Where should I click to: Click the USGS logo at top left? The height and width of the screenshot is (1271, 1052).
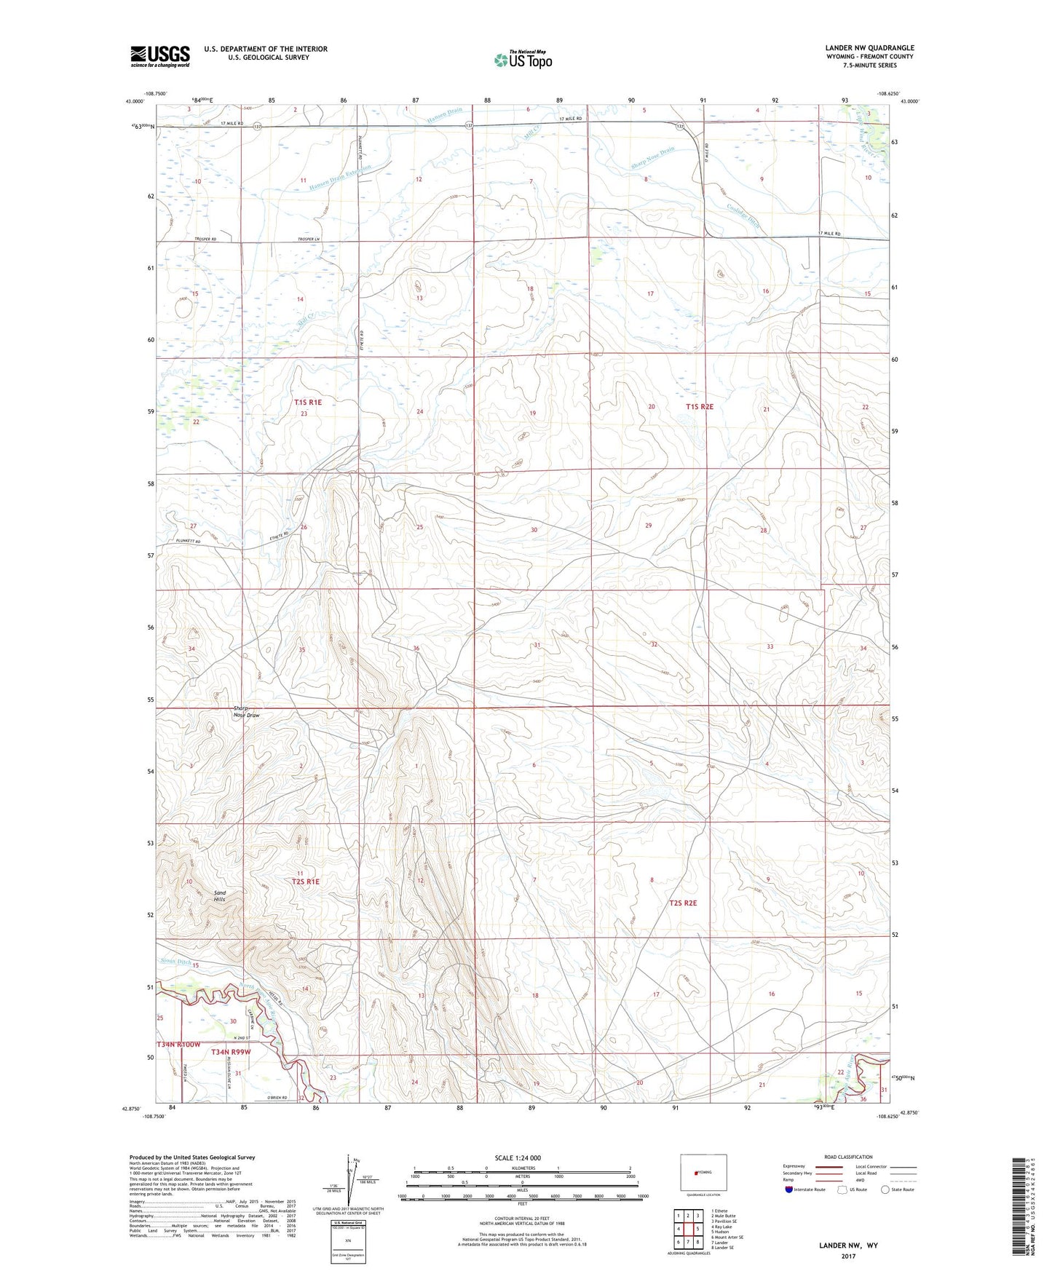coord(160,56)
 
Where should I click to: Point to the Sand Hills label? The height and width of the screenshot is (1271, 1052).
coord(219,896)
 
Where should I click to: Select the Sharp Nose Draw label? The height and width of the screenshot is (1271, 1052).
coord(245,712)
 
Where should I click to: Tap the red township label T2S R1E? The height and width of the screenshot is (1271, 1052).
coord(306,881)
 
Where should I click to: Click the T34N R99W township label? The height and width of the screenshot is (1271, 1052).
coord(231,1052)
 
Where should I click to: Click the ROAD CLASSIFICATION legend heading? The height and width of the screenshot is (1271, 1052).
coord(847,1157)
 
